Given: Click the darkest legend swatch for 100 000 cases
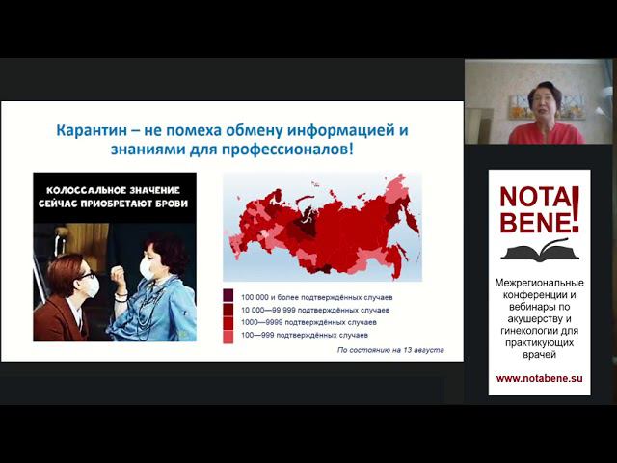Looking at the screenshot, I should click(228, 296).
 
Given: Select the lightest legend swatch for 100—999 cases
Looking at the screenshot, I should click(228, 337).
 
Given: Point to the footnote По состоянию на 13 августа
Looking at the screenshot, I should click(389, 350).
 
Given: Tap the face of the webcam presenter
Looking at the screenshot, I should click(545, 100).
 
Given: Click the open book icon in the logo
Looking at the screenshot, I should click(534, 252).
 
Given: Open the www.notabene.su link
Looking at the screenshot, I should click(540, 378).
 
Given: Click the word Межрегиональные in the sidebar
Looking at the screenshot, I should click(540, 281).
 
